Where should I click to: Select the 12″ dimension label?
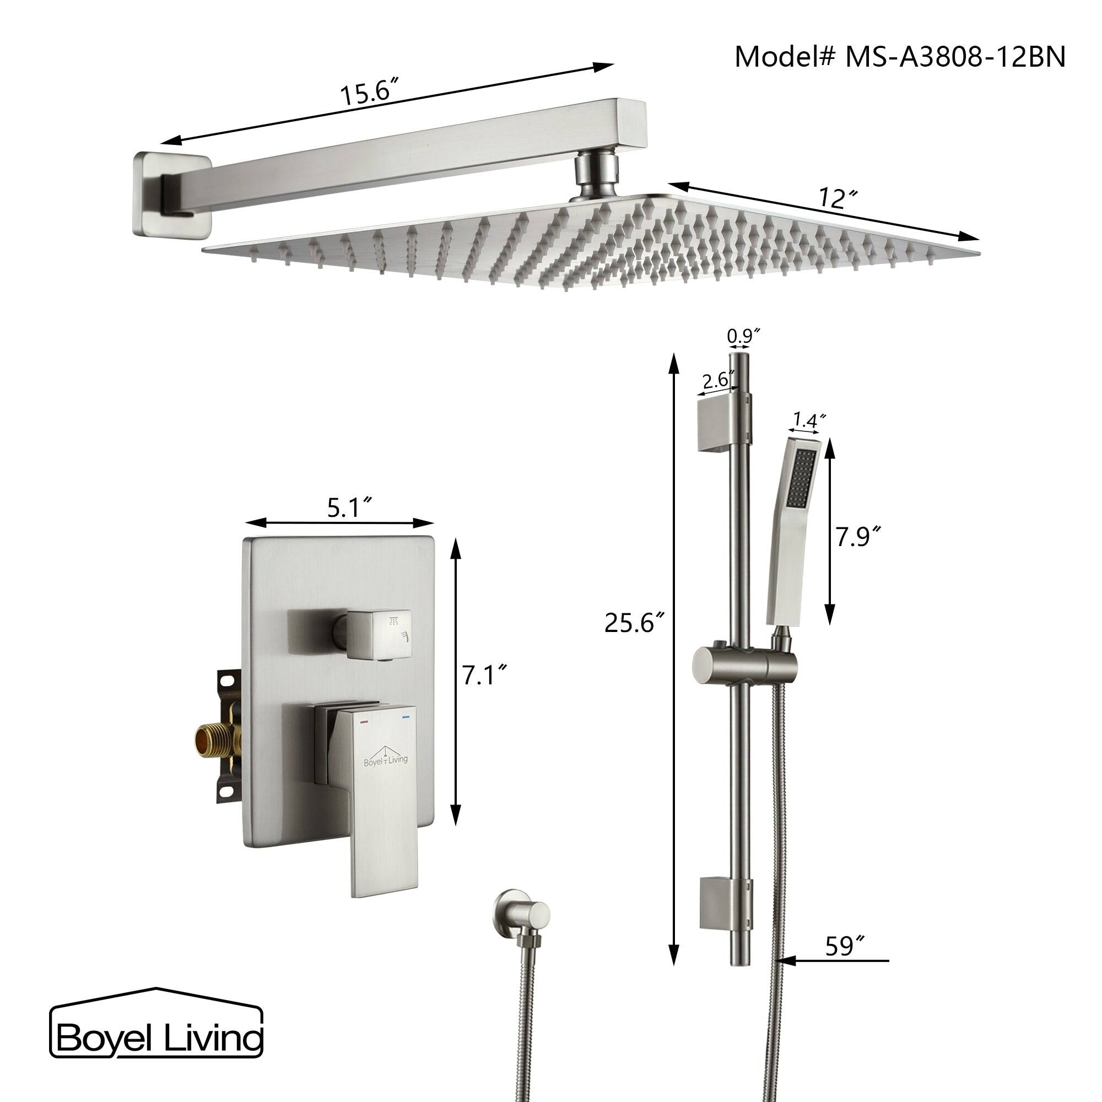[x=837, y=198]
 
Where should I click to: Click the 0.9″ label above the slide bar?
[x=744, y=336]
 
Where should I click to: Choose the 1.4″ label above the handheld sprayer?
[x=808, y=422]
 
